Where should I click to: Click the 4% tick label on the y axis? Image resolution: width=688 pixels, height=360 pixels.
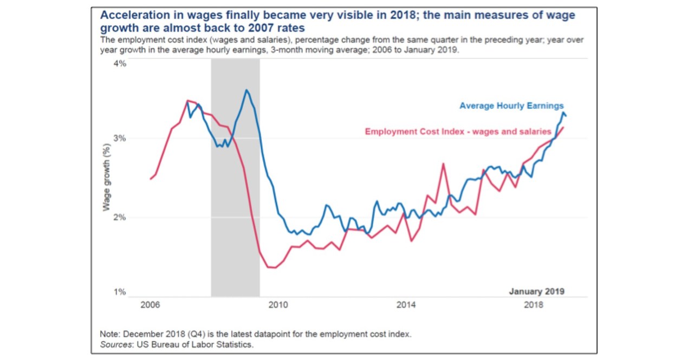click(119, 64)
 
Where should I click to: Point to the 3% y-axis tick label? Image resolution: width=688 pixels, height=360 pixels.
click(119, 138)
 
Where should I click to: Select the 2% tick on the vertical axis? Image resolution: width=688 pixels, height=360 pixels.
click(119, 218)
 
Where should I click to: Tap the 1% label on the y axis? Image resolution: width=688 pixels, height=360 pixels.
click(119, 292)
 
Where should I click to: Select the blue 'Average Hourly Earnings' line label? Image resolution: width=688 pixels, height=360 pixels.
click(511, 106)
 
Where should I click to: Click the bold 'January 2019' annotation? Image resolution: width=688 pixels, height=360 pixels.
click(536, 291)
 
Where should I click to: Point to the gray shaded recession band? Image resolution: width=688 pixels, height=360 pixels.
click(235, 179)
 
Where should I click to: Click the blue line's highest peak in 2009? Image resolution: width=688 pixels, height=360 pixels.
click(246, 90)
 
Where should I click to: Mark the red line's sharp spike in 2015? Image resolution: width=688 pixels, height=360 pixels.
click(443, 163)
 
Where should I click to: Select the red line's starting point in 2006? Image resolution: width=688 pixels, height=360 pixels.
click(151, 179)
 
